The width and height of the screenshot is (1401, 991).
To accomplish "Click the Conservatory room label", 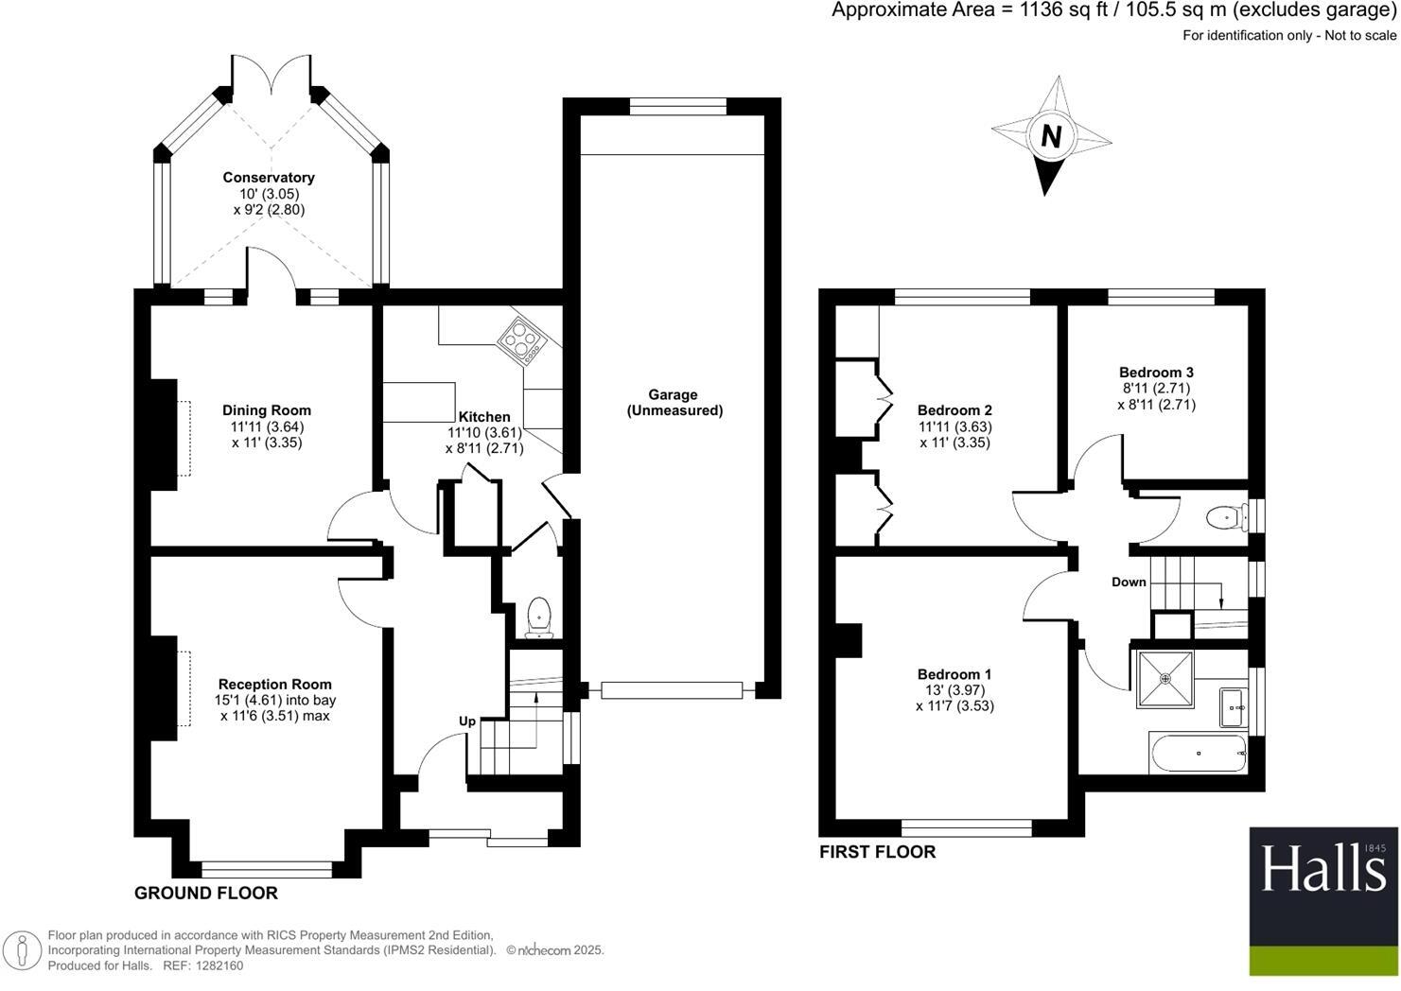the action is tap(269, 178).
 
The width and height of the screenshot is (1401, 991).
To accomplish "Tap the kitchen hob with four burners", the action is tap(522, 340).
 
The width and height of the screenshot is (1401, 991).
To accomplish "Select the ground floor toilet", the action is tap(538, 617).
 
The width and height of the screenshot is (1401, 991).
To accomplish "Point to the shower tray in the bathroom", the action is tap(1165, 679).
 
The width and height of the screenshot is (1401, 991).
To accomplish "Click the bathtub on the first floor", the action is tap(1199, 754).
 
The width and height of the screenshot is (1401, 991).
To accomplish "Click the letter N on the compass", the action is tap(1051, 135).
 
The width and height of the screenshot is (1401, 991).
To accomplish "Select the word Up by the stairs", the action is tap(467, 722).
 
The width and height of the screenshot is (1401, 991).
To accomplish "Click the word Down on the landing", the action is tap(1129, 582).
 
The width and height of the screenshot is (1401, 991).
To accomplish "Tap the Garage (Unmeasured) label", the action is tap(674, 403).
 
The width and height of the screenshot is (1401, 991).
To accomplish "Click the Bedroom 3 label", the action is tap(1156, 373).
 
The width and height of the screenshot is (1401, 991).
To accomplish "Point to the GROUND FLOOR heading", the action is tap(206, 893).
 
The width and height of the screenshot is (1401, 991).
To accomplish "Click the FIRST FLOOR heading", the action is tap(878, 852).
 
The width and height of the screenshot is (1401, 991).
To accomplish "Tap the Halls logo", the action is tap(1323, 901).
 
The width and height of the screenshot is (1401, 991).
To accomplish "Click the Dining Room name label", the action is tap(267, 410).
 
